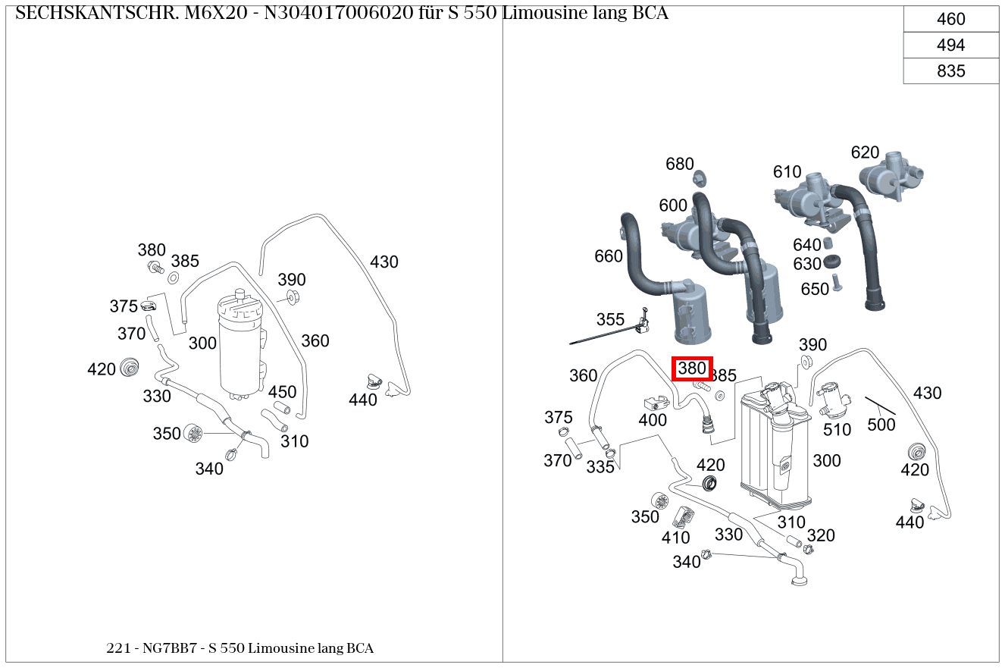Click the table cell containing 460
point(950,20)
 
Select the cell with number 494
point(950,45)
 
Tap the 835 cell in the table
point(950,71)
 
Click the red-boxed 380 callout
point(692,369)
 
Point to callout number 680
point(680,164)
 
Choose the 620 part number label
point(865,152)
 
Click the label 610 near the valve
point(787,172)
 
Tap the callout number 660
point(609,256)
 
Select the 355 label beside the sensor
point(610,319)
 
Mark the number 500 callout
point(881,425)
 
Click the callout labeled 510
point(837,429)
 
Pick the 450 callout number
point(283,392)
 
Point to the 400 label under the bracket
point(653,420)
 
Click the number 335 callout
point(600,467)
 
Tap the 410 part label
point(675,538)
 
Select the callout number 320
point(821,536)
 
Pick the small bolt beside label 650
point(837,283)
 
